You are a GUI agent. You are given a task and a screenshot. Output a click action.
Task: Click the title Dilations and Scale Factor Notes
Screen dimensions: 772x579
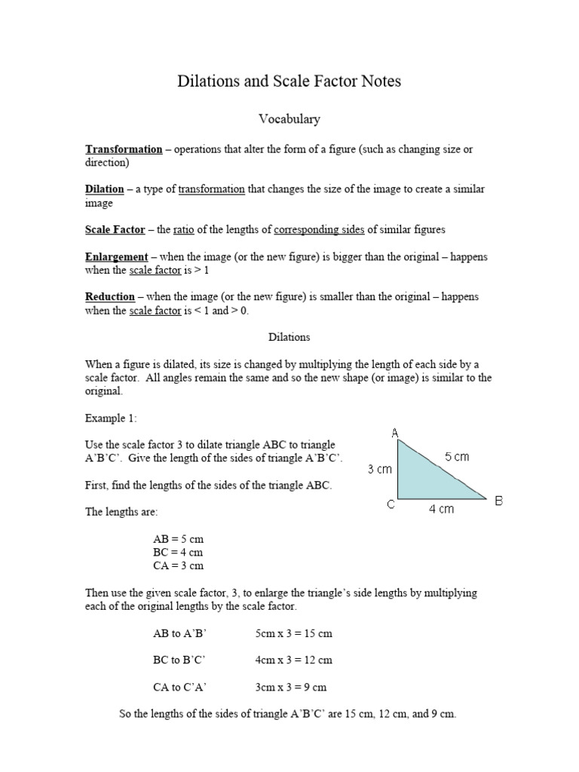pyautogui.click(x=289, y=81)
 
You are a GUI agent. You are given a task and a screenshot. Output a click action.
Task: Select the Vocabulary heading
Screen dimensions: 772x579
pyautogui.click(x=289, y=119)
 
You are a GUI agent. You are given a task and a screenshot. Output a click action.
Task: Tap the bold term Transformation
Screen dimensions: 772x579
pyautogui.click(x=124, y=149)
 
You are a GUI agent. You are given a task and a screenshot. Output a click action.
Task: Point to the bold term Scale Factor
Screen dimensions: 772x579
pyautogui.click(x=115, y=229)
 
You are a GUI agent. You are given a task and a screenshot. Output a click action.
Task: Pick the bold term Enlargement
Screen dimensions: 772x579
pyautogui.click(x=116, y=257)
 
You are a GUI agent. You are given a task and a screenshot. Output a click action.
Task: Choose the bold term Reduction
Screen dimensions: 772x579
pyautogui.click(x=110, y=297)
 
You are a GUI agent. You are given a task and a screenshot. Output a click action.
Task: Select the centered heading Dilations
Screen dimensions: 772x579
pyautogui.click(x=289, y=337)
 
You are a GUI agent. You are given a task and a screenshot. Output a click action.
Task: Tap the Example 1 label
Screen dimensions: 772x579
pyautogui.click(x=111, y=418)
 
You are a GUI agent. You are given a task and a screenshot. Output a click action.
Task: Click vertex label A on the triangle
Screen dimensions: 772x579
pyautogui.click(x=395, y=433)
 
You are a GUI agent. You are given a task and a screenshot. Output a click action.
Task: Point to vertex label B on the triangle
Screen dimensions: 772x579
pyautogui.click(x=498, y=501)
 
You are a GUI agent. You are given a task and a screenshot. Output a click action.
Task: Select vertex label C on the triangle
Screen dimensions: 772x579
pyautogui.click(x=391, y=504)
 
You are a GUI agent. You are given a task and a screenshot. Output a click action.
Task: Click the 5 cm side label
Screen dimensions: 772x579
pyautogui.click(x=457, y=457)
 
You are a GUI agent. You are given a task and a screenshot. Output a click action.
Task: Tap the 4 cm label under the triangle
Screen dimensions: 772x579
pyautogui.click(x=442, y=510)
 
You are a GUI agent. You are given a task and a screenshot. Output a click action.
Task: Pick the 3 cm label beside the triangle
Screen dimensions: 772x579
pyautogui.click(x=380, y=470)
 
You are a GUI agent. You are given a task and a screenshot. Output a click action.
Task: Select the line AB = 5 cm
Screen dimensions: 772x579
pyautogui.click(x=178, y=540)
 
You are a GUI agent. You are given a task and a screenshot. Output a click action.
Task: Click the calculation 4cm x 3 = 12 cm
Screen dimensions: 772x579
pyautogui.click(x=293, y=660)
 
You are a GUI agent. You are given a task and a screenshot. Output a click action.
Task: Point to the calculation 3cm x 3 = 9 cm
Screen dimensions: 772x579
pyautogui.click(x=290, y=687)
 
